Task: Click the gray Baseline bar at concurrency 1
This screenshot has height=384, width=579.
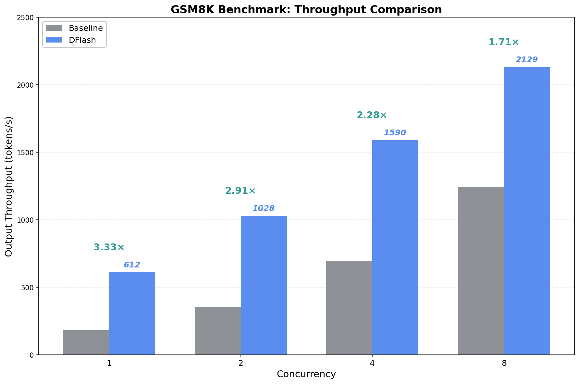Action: point(86,342)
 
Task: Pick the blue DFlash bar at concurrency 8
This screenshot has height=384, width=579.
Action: point(527,211)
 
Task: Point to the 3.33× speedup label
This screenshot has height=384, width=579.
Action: point(109,247)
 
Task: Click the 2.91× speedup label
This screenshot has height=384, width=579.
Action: point(240,191)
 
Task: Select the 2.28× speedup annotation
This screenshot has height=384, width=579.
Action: point(372,115)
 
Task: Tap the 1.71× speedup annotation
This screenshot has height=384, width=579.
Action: point(504,42)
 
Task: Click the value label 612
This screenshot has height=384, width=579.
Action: point(132,265)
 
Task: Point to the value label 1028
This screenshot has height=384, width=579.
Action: point(264,208)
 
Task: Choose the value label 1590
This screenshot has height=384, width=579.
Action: point(395,133)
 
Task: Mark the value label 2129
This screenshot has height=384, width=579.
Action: point(527,60)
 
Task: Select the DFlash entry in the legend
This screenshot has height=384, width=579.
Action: point(82,40)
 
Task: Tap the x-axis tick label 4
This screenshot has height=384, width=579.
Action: point(372,363)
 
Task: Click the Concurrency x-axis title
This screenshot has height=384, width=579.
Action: point(306,374)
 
